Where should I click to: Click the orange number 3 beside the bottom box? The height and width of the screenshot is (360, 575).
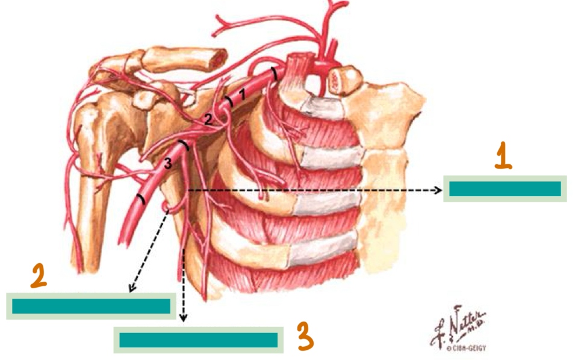(305, 337)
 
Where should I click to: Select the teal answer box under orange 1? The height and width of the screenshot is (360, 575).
(505, 189)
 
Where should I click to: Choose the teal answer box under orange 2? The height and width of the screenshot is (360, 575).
(91, 306)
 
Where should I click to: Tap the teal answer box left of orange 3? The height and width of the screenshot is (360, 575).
(198, 340)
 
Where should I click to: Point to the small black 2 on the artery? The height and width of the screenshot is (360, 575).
(208, 120)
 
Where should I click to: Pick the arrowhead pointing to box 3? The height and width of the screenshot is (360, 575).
(184, 318)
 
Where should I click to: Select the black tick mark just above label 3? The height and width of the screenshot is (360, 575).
(185, 146)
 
